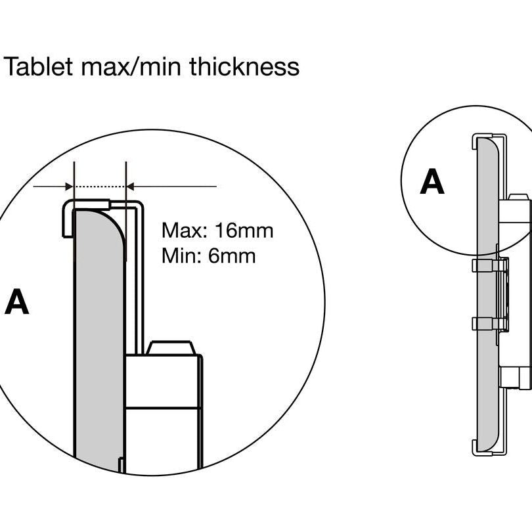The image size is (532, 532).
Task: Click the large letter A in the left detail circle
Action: (16, 303)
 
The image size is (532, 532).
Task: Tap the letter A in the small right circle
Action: (432, 182)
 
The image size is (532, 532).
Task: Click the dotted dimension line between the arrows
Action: (100, 187)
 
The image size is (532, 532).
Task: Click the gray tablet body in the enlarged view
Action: (99, 328)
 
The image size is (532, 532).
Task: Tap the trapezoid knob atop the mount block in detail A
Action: (170, 347)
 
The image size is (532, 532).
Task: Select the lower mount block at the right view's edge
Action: (516, 377)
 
